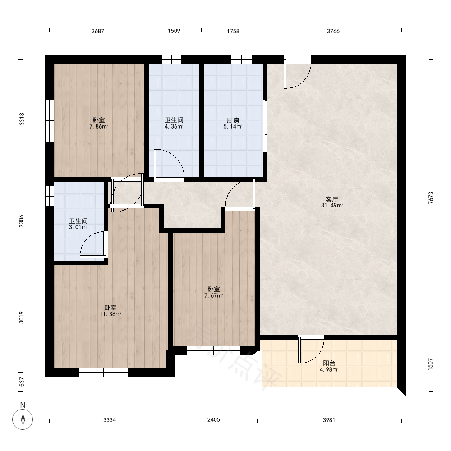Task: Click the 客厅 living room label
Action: (331, 199)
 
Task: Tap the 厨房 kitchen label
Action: (233, 120)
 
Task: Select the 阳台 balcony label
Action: (329, 363)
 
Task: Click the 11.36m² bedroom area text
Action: (110, 314)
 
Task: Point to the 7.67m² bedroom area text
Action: (214, 296)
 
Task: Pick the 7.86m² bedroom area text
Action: (99, 127)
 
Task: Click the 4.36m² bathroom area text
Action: (174, 127)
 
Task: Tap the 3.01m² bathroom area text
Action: (78, 227)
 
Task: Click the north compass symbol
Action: (23, 419)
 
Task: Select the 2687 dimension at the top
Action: (98, 31)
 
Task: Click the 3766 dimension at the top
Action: (333, 31)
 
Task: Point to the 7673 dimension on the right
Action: (431, 198)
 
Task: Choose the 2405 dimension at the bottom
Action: (214, 419)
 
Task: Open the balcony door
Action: (311, 350)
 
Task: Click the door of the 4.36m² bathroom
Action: (169, 165)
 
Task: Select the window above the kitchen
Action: (241, 59)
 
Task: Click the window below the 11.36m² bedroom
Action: (104, 372)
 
